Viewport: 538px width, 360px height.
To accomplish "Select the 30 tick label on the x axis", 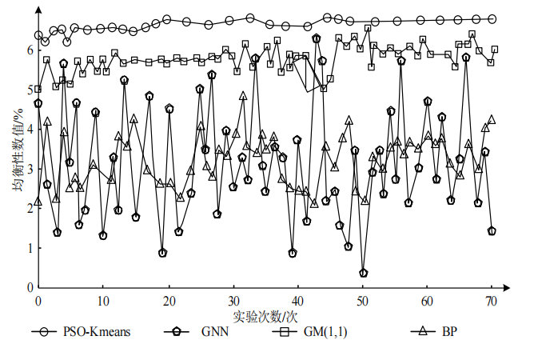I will coord(233,302).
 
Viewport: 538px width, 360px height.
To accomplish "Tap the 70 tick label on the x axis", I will coord(492,302).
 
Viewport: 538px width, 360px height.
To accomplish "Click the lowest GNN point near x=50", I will coord(364,273).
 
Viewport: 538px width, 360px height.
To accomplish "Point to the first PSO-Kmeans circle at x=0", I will coord(38,35).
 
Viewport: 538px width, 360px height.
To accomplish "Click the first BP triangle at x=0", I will coord(38,202).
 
